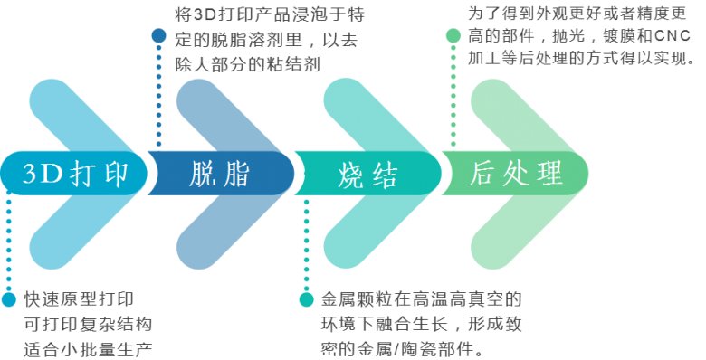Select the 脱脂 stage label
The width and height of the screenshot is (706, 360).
(220, 173)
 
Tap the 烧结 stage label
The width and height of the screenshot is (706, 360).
(368, 173)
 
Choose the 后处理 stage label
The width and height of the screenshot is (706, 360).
(517, 173)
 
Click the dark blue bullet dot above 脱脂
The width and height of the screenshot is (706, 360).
(159, 36)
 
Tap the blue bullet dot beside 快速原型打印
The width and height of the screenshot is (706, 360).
(9, 299)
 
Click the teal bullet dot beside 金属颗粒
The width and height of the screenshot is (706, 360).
(306, 299)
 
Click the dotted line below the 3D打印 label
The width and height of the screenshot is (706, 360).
(9, 244)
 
